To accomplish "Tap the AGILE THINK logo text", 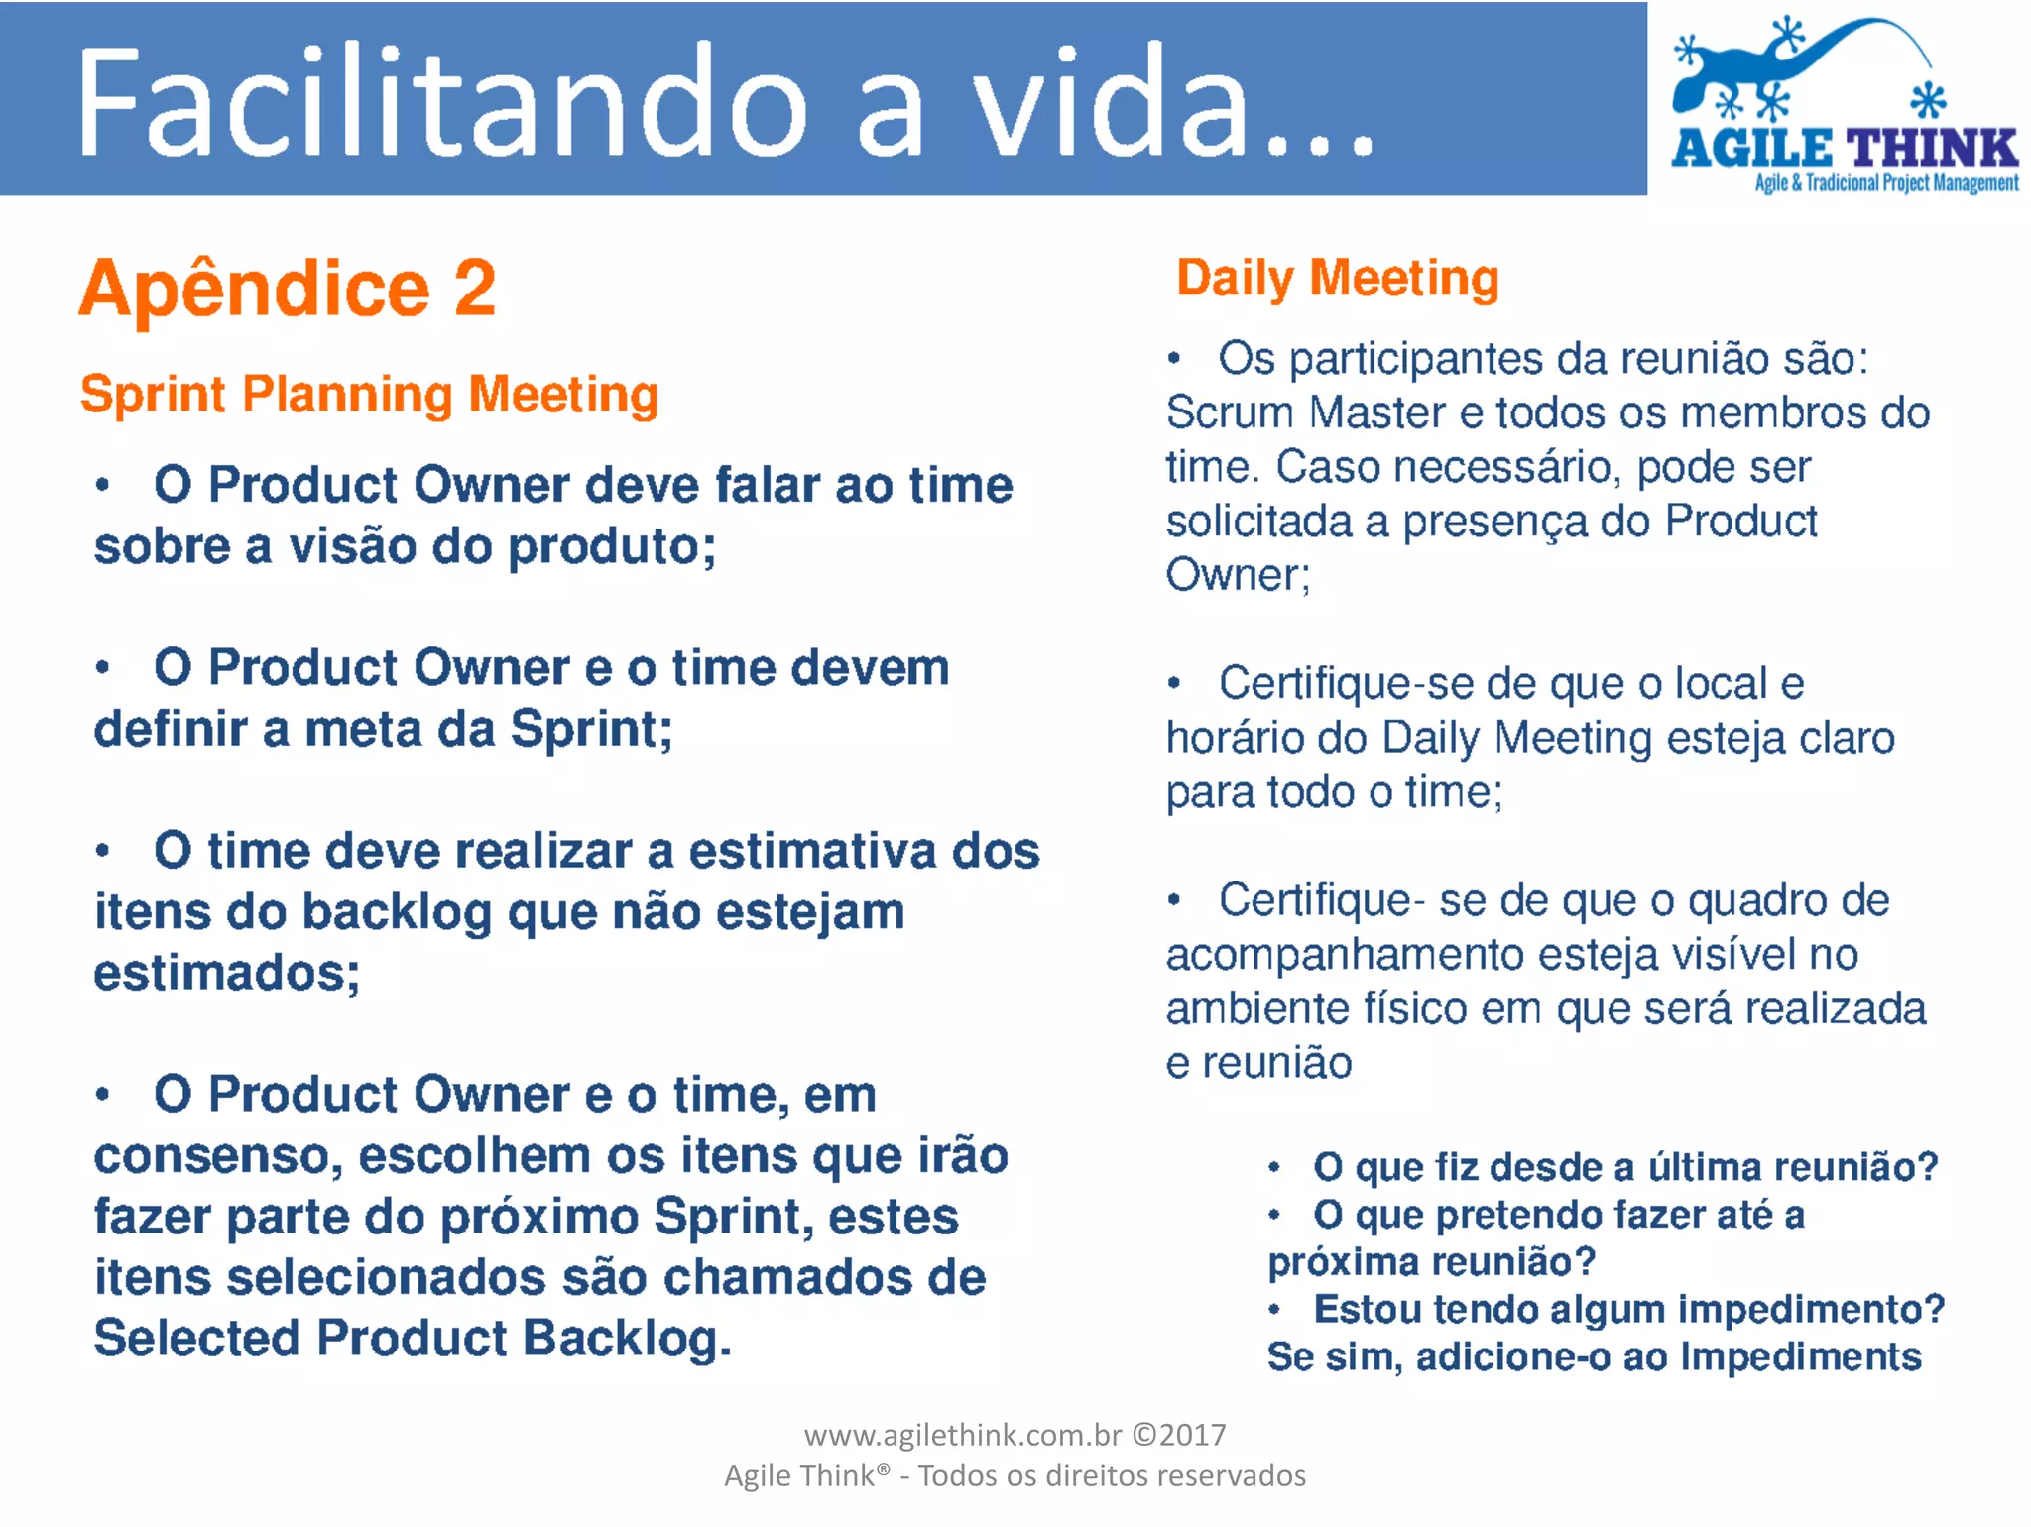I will click(x=1845, y=149).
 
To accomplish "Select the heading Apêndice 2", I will click(x=288, y=289).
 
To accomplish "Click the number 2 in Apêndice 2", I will click(x=475, y=289).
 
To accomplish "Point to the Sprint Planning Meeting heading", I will click(x=369, y=395).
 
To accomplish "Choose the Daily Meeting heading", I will click(x=1337, y=279).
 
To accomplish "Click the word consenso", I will click(x=217, y=1157).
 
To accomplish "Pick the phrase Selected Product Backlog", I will click(x=412, y=1339).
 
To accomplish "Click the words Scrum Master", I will click(x=1306, y=412).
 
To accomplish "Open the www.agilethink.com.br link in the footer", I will click(x=962, y=1435).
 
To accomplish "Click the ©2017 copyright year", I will click(x=1179, y=1435).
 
